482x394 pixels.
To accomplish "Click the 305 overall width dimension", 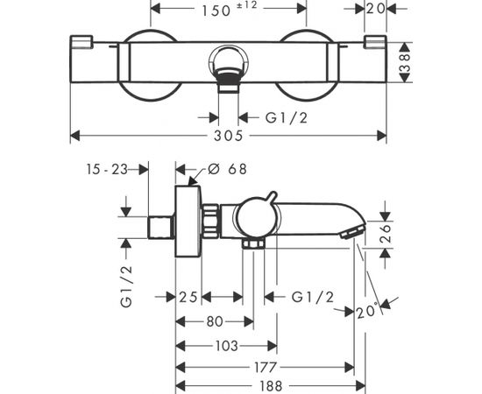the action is tap(228, 136).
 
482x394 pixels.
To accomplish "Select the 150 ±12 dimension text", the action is tap(229, 10).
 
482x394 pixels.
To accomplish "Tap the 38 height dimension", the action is tap(406, 62).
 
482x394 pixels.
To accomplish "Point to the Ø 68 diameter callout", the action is tap(227, 169).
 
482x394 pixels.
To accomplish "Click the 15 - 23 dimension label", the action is tap(107, 169).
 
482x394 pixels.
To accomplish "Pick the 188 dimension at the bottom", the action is tap(271, 386).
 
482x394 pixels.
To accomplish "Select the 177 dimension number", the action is tap(266, 367).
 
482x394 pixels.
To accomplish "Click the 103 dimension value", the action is tap(227, 346).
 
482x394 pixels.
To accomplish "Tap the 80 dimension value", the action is tap(215, 321).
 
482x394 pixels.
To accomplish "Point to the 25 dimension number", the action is tap(188, 297).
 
